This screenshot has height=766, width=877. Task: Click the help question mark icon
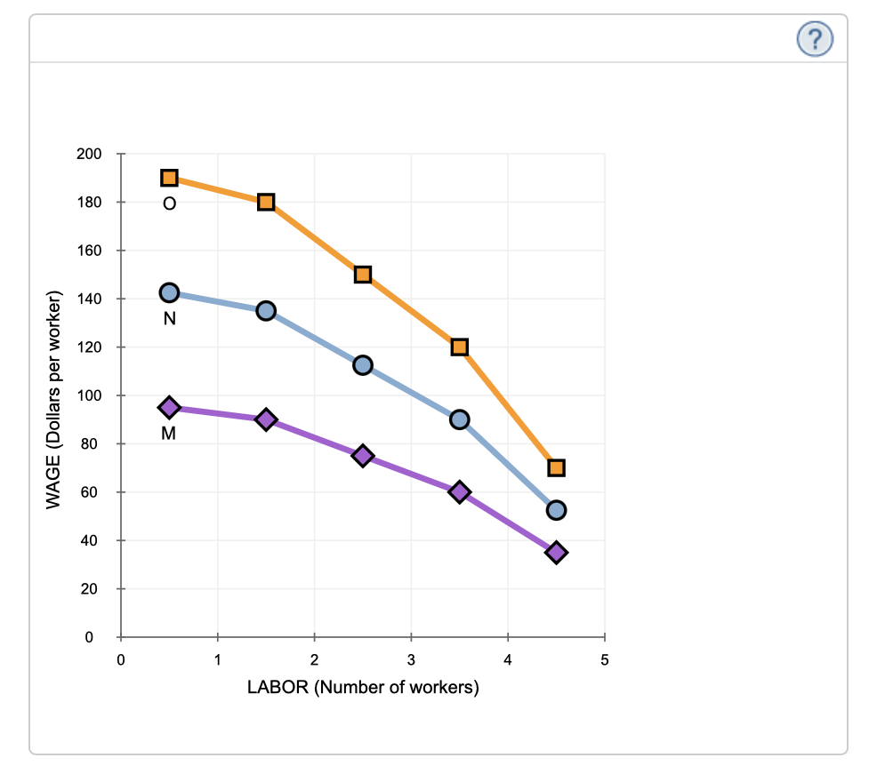815,39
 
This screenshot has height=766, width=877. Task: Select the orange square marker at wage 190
169,178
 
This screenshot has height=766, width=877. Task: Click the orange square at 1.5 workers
266,202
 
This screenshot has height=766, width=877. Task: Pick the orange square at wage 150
362,275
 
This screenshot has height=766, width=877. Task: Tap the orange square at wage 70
556,467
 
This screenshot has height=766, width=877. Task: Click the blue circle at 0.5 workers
169,292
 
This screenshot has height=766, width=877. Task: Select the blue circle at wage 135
266,310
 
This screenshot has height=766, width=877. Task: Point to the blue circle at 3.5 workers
459,419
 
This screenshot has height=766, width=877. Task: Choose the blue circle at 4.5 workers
556,510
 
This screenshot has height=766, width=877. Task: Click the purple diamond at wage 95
169,407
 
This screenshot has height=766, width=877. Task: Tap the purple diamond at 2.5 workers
362,455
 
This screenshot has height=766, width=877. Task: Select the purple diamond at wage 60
459,491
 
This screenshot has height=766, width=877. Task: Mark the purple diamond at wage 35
556,552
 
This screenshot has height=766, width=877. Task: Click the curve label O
169,204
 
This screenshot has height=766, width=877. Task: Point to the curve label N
169,320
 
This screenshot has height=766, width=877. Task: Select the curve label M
169,435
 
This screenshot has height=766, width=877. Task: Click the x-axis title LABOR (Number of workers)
363,688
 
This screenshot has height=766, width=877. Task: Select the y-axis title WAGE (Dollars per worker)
54,400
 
